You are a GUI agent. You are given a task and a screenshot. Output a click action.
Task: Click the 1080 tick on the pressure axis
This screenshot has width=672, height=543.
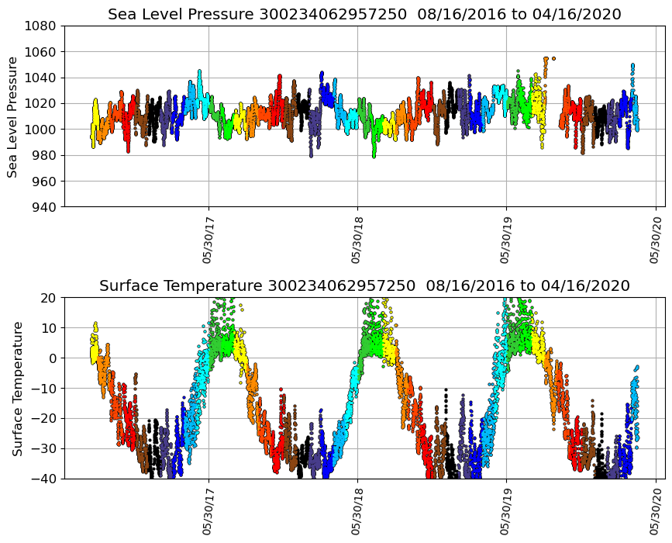pyautogui.click(x=43, y=26)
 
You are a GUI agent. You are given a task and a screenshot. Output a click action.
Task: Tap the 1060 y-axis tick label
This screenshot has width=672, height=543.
pyautogui.click(x=43, y=52)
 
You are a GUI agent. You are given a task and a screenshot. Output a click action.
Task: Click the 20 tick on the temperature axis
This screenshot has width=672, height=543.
pyautogui.click(x=50, y=298)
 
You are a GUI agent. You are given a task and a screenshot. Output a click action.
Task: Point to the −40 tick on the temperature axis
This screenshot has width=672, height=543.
pyautogui.click(x=46, y=479)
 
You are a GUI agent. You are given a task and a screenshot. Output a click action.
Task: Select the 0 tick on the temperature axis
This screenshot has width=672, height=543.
pyautogui.click(x=53, y=358)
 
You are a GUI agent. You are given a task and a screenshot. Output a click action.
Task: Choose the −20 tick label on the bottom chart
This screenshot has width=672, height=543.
pyautogui.click(x=46, y=418)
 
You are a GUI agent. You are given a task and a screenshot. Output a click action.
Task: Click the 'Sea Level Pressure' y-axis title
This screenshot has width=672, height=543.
pyautogui.click(x=13, y=116)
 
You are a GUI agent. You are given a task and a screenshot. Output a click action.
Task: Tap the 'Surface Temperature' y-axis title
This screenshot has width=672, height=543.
pyautogui.click(x=16, y=388)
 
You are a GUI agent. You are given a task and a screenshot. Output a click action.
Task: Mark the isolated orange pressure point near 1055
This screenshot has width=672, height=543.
pyautogui.click(x=553, y=58)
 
